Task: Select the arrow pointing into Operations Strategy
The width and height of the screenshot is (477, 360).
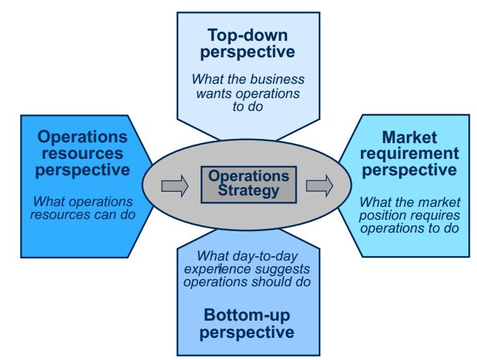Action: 175,187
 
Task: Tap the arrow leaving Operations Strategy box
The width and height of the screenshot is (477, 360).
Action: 319,186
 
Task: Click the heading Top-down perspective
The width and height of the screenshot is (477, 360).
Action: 247,43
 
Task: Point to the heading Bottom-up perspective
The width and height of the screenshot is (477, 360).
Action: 247,323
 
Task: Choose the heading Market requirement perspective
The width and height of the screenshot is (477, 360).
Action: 410,153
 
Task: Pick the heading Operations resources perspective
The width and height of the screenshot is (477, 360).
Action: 82,153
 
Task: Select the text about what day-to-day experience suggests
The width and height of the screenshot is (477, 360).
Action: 247,268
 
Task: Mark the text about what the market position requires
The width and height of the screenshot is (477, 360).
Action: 409,215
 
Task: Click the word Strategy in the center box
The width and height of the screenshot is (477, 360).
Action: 249,190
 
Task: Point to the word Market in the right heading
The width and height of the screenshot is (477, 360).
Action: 410,137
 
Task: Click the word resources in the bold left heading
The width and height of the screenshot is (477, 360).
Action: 82,153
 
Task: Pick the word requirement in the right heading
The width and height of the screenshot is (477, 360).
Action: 410,153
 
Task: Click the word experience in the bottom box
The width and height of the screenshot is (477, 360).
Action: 212,269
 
